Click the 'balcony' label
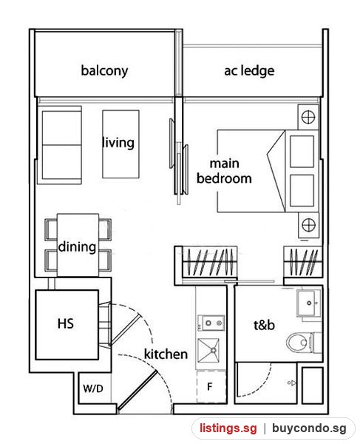click(104, 71)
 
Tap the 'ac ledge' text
click(249, 71)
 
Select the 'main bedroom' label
click(224, 171)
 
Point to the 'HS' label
click(66, 323)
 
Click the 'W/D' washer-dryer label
click(93, 388)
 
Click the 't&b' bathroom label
click(264, 326)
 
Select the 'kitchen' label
click(166, 354)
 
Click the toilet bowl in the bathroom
click(300, 343)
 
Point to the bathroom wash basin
click(308, 303)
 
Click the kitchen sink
click(208, 351)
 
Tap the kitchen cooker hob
click(211, 323)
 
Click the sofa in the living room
click(61, 145)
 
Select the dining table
click(78, 245)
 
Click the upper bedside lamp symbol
click(308, 117)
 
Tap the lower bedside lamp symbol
click(308, 225)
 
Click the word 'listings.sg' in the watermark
click(228, 428)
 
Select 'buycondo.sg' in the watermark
click(309, 428)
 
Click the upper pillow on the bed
click(302, 152)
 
